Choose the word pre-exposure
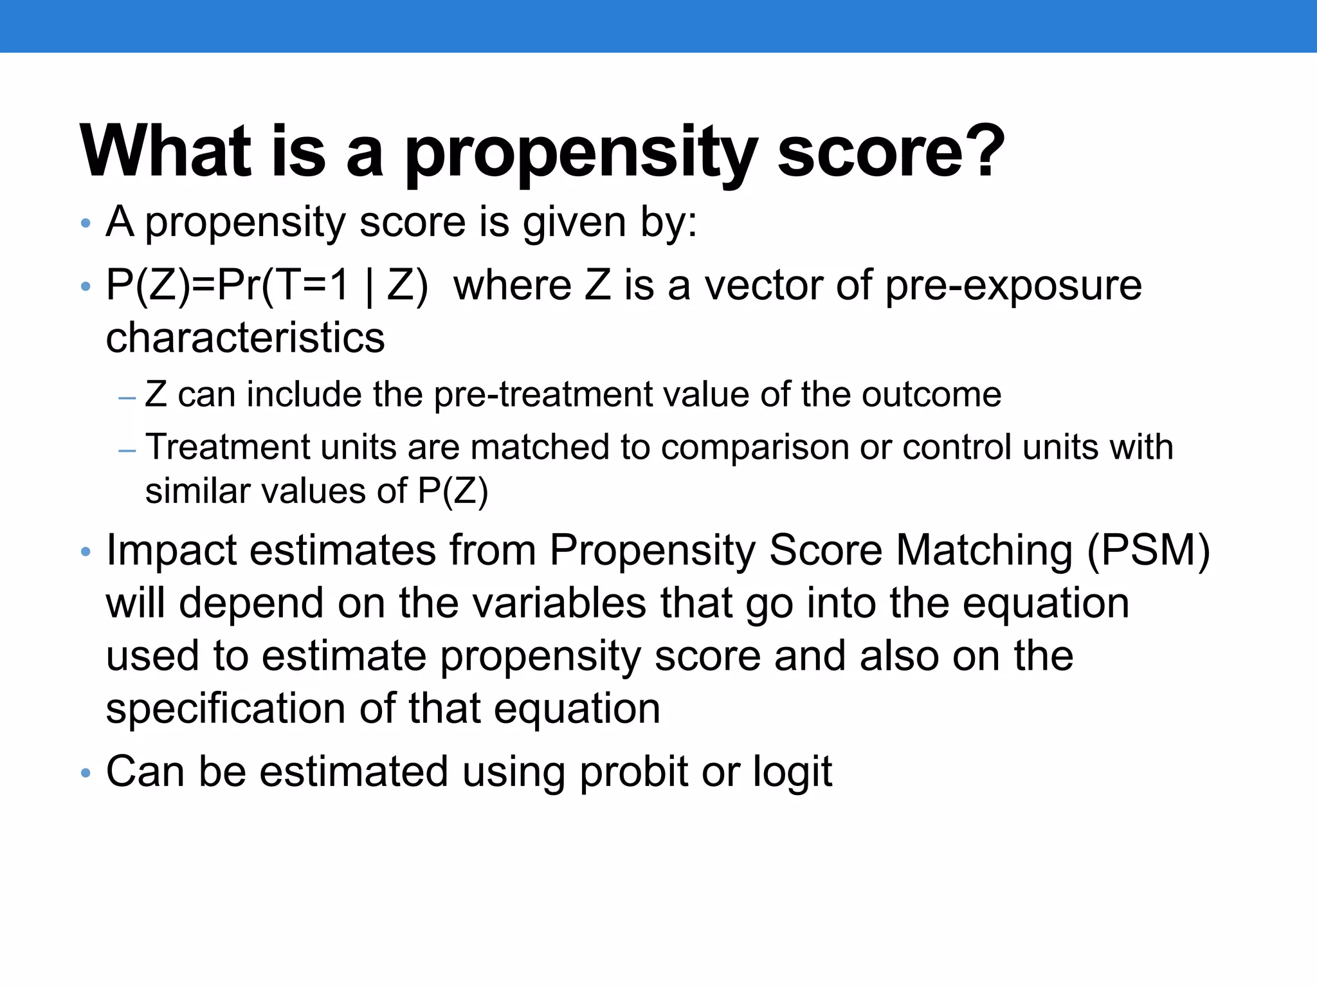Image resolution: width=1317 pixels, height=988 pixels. coord(1013,285)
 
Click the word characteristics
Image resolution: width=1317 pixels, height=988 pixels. coord(245,338)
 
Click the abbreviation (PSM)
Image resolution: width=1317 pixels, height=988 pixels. coord(1149,551)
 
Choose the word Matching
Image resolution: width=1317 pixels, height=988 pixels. coord(984,551)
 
